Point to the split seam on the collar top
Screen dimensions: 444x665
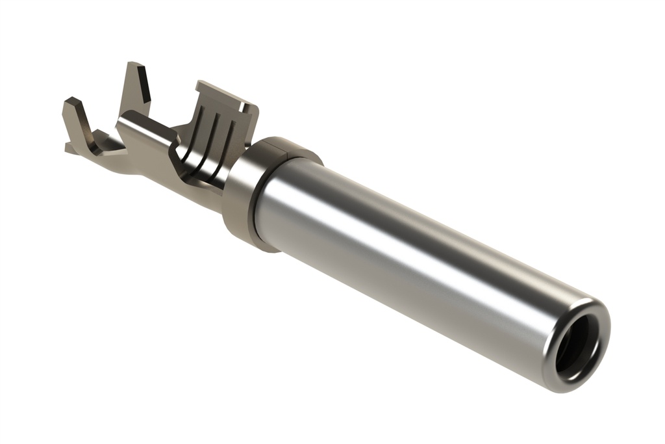[x=288, y=151]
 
